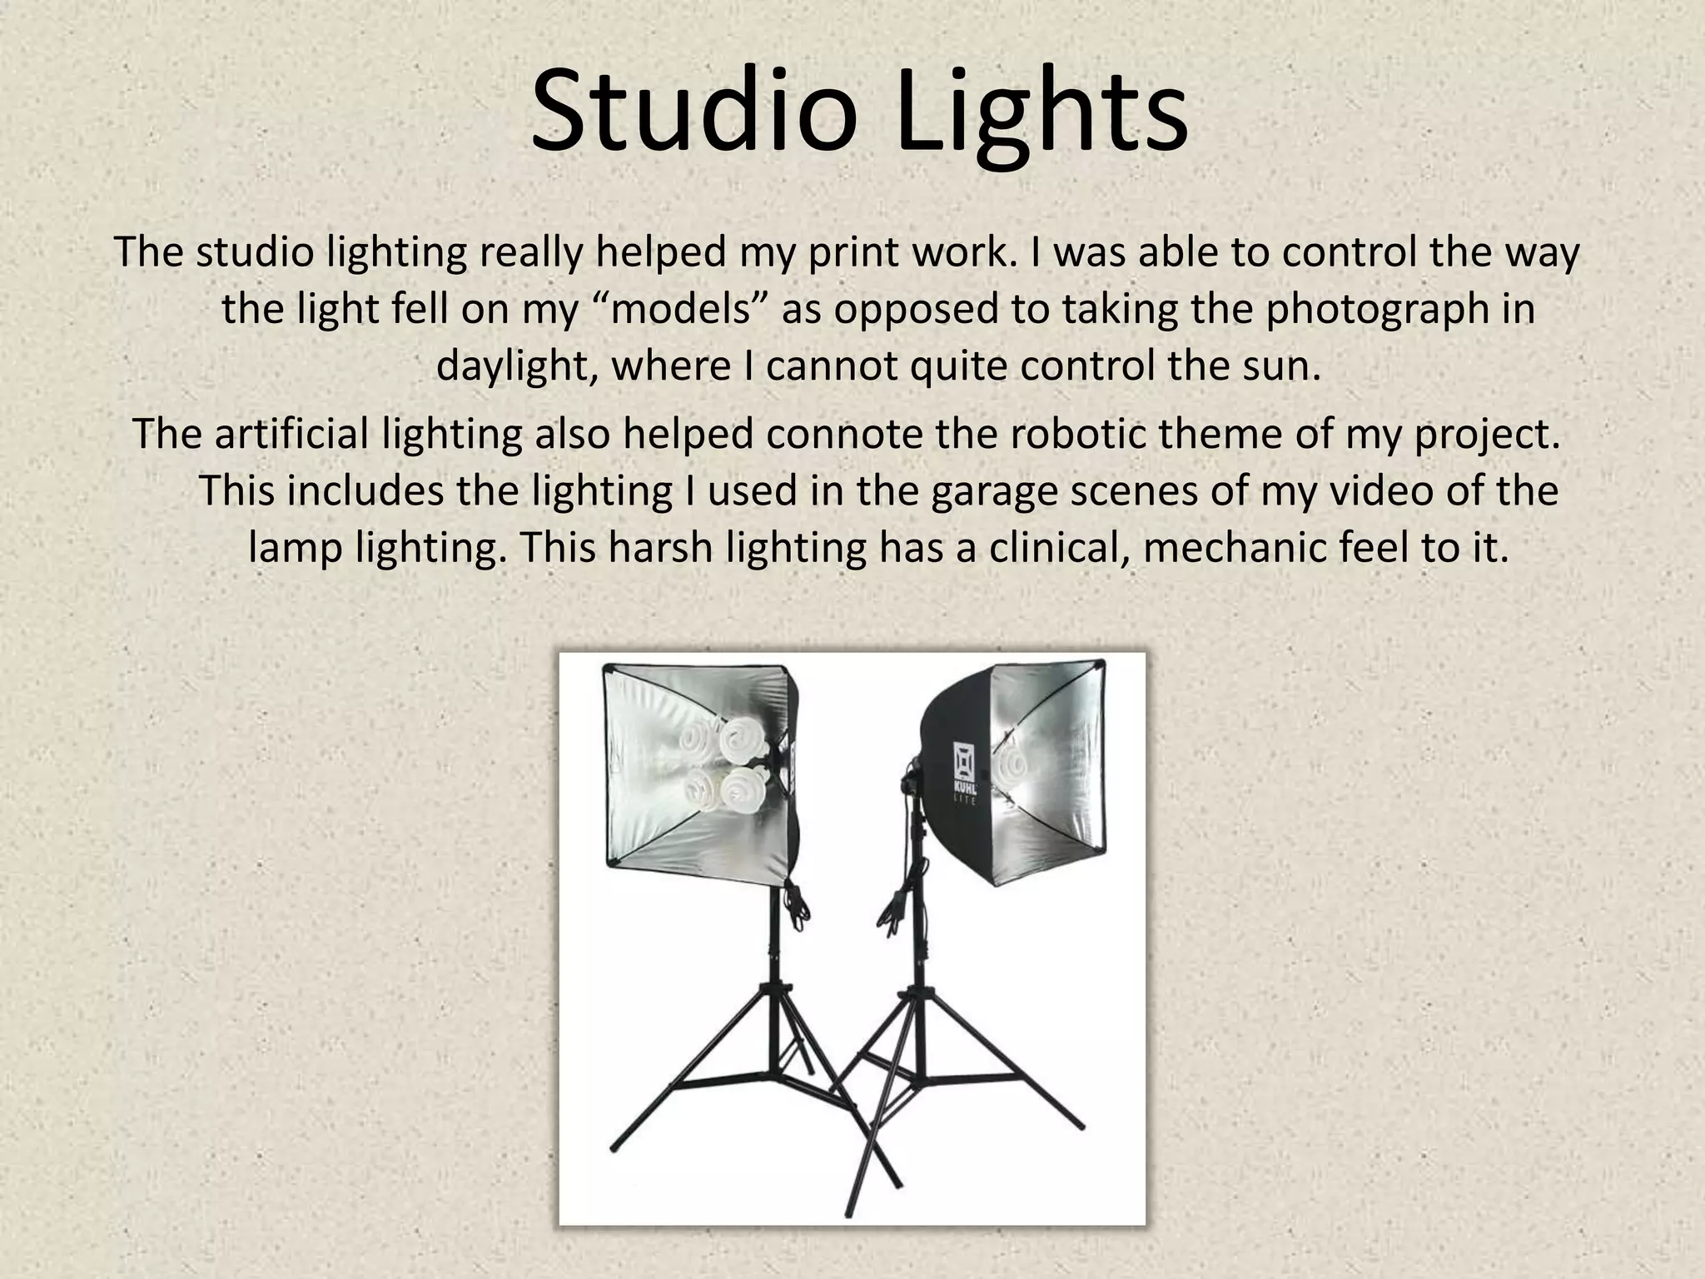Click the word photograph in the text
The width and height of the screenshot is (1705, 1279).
coord(1366,309)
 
